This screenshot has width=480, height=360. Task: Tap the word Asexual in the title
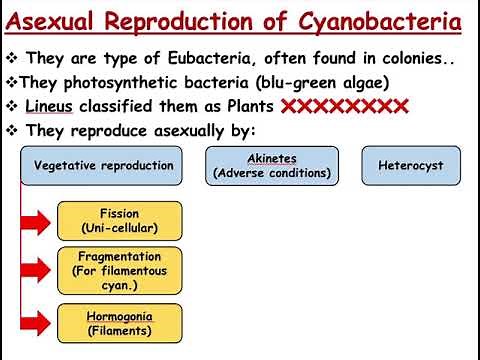click(x=61, y=21)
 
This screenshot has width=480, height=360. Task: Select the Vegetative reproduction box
click(x=103, y=166)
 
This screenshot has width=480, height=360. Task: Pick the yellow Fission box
click(x=120, y=220)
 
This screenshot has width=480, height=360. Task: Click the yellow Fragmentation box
click(x=120, y=269)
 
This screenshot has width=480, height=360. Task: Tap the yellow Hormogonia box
click(x=120, y=322)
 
